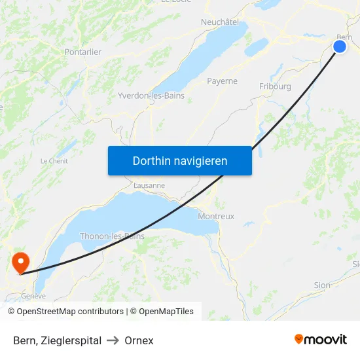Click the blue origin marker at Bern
pyautogui.click(x=340, y=46)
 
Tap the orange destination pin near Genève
pyautogui.click(x=21, y=262)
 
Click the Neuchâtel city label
pyautogui.click(x=220, y=22)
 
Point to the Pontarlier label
pyautogui.click(x=82, y=52)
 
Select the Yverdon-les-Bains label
pyautogui.click(x=151, y=96)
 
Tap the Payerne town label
pyautogui.click(x=222, y=81)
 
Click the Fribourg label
pyautogui.click(x=275, y=86)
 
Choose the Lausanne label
pyautogui.click(x=149, y=185)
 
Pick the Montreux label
pyautogui.click(x=216, y=216)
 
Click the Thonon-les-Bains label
pyautogui.click(x=112, y=236)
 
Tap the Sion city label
pyautogui.click(x=322, y=285)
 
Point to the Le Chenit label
pyautogui.click(x=54, y=161)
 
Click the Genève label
pyautogui.click(x=33, y=296)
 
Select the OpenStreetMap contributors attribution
pyautogui.click(x=65, y=312)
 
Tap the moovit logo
pyautogui.click(x=321, y=339)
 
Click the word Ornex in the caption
pyautogui.click(x=139, y=340)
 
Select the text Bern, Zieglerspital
pyautogui.click(x=57, y=340)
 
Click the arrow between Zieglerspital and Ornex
pyautogui.click(x=113, y=340)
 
